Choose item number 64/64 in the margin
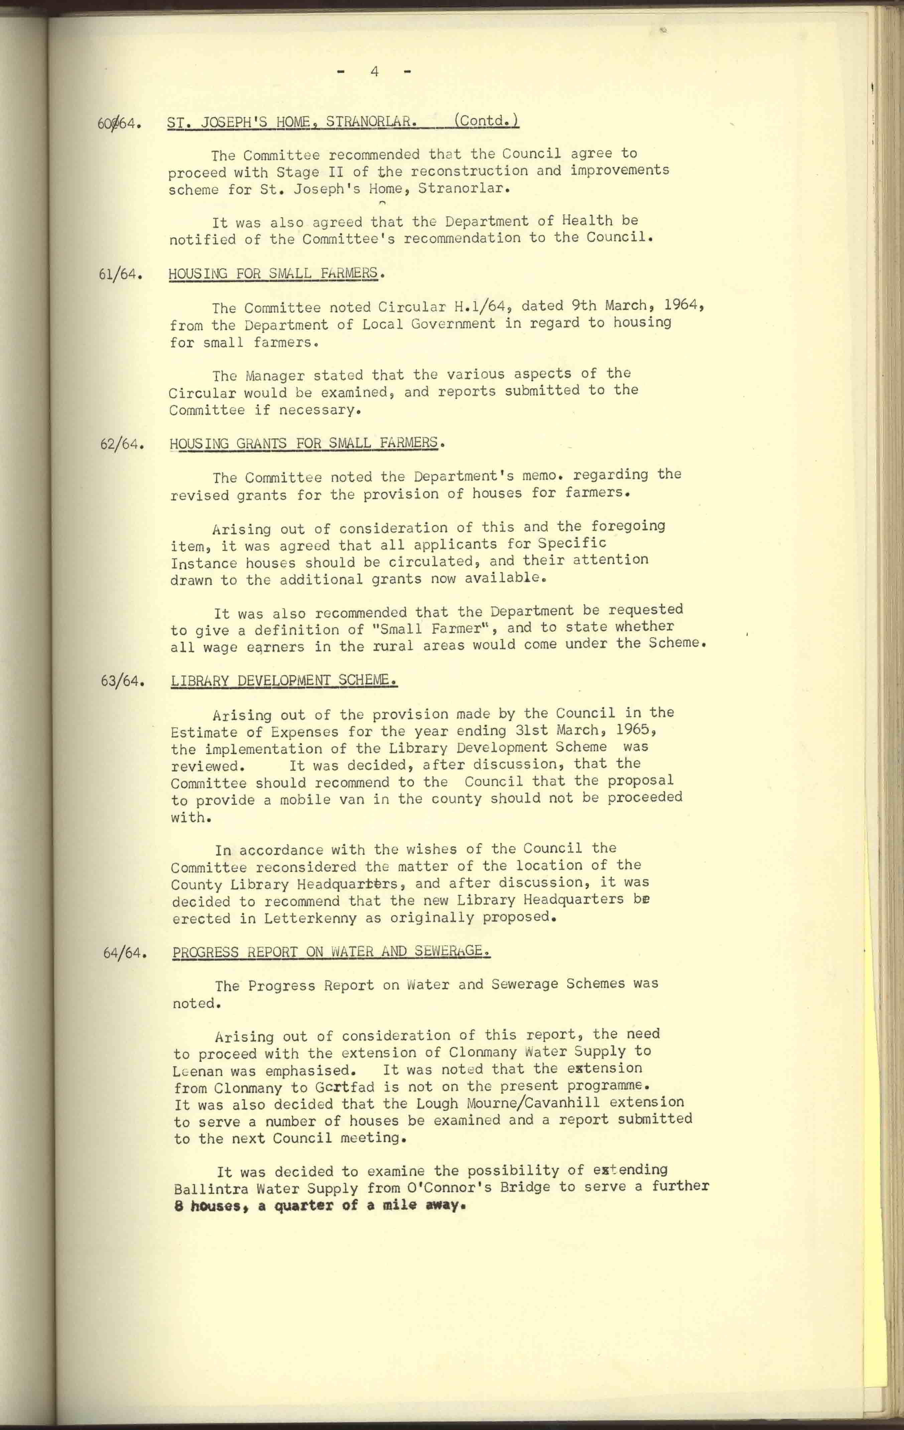pos(125,953)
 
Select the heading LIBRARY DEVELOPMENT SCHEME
pos(284,680)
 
